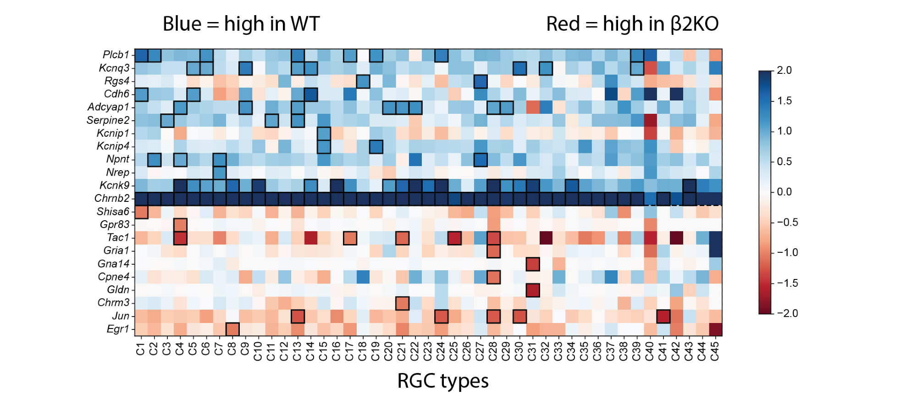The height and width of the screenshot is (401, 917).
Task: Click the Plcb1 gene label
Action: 116,55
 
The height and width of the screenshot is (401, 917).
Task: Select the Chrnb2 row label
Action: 112,198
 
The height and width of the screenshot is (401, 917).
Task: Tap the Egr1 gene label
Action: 118,329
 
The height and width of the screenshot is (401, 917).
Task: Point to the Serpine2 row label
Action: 108,120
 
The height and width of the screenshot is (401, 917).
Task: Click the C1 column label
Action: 140,349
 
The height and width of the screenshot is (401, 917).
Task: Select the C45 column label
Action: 715,351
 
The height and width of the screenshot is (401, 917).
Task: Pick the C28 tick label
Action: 493,351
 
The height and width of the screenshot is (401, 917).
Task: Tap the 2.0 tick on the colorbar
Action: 784,70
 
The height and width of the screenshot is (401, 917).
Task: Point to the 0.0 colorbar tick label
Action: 784,192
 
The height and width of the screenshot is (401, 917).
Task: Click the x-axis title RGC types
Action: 443,381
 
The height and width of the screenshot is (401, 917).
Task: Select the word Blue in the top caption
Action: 182,24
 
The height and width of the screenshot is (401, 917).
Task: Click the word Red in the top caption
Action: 563,24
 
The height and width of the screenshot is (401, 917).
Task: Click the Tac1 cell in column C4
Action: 180,238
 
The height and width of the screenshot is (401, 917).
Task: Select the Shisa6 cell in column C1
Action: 141,212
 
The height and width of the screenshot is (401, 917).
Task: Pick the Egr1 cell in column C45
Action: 715,329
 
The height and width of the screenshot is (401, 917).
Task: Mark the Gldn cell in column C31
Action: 532,290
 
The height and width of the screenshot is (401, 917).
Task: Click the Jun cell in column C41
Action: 663,316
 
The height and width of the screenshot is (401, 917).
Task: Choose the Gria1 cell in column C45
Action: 715,251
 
